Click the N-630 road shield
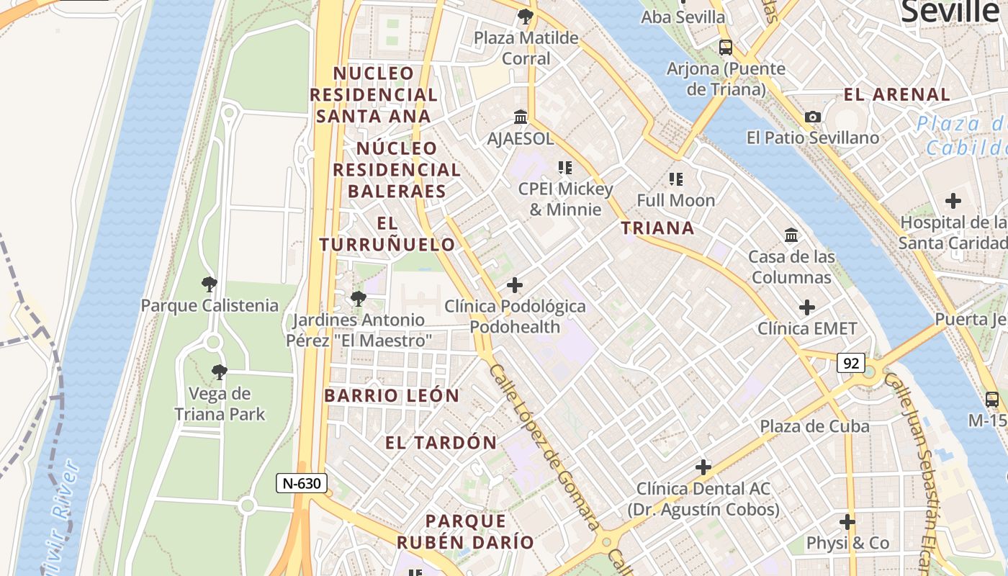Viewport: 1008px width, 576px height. (302, 483)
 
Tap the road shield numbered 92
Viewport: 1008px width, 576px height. (850, 363)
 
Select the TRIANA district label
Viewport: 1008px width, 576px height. (657, 228)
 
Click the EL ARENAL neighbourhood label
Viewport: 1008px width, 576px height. (896, 94)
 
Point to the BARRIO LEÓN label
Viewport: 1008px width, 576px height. (392, 395)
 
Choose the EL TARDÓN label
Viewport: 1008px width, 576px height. (441, 443)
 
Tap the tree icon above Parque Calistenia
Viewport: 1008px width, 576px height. (210, 284)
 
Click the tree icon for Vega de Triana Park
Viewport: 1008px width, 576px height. (220, 372)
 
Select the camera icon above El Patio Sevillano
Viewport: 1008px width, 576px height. (813, 117)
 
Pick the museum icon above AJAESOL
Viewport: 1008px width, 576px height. (521, 117)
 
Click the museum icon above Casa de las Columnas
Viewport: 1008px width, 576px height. (791, 235)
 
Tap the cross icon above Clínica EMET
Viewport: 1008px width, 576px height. (807, 307)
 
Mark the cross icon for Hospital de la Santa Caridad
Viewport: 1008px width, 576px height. (953, 200)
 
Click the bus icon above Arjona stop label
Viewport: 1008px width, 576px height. (726, 48)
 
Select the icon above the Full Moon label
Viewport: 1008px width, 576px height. (675, 179)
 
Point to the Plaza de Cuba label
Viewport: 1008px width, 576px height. (814, 426)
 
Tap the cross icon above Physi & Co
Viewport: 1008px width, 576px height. (847, 521)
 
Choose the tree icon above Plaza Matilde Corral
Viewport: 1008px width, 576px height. (526, 16)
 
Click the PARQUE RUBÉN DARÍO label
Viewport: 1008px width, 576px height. (466, 531)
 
